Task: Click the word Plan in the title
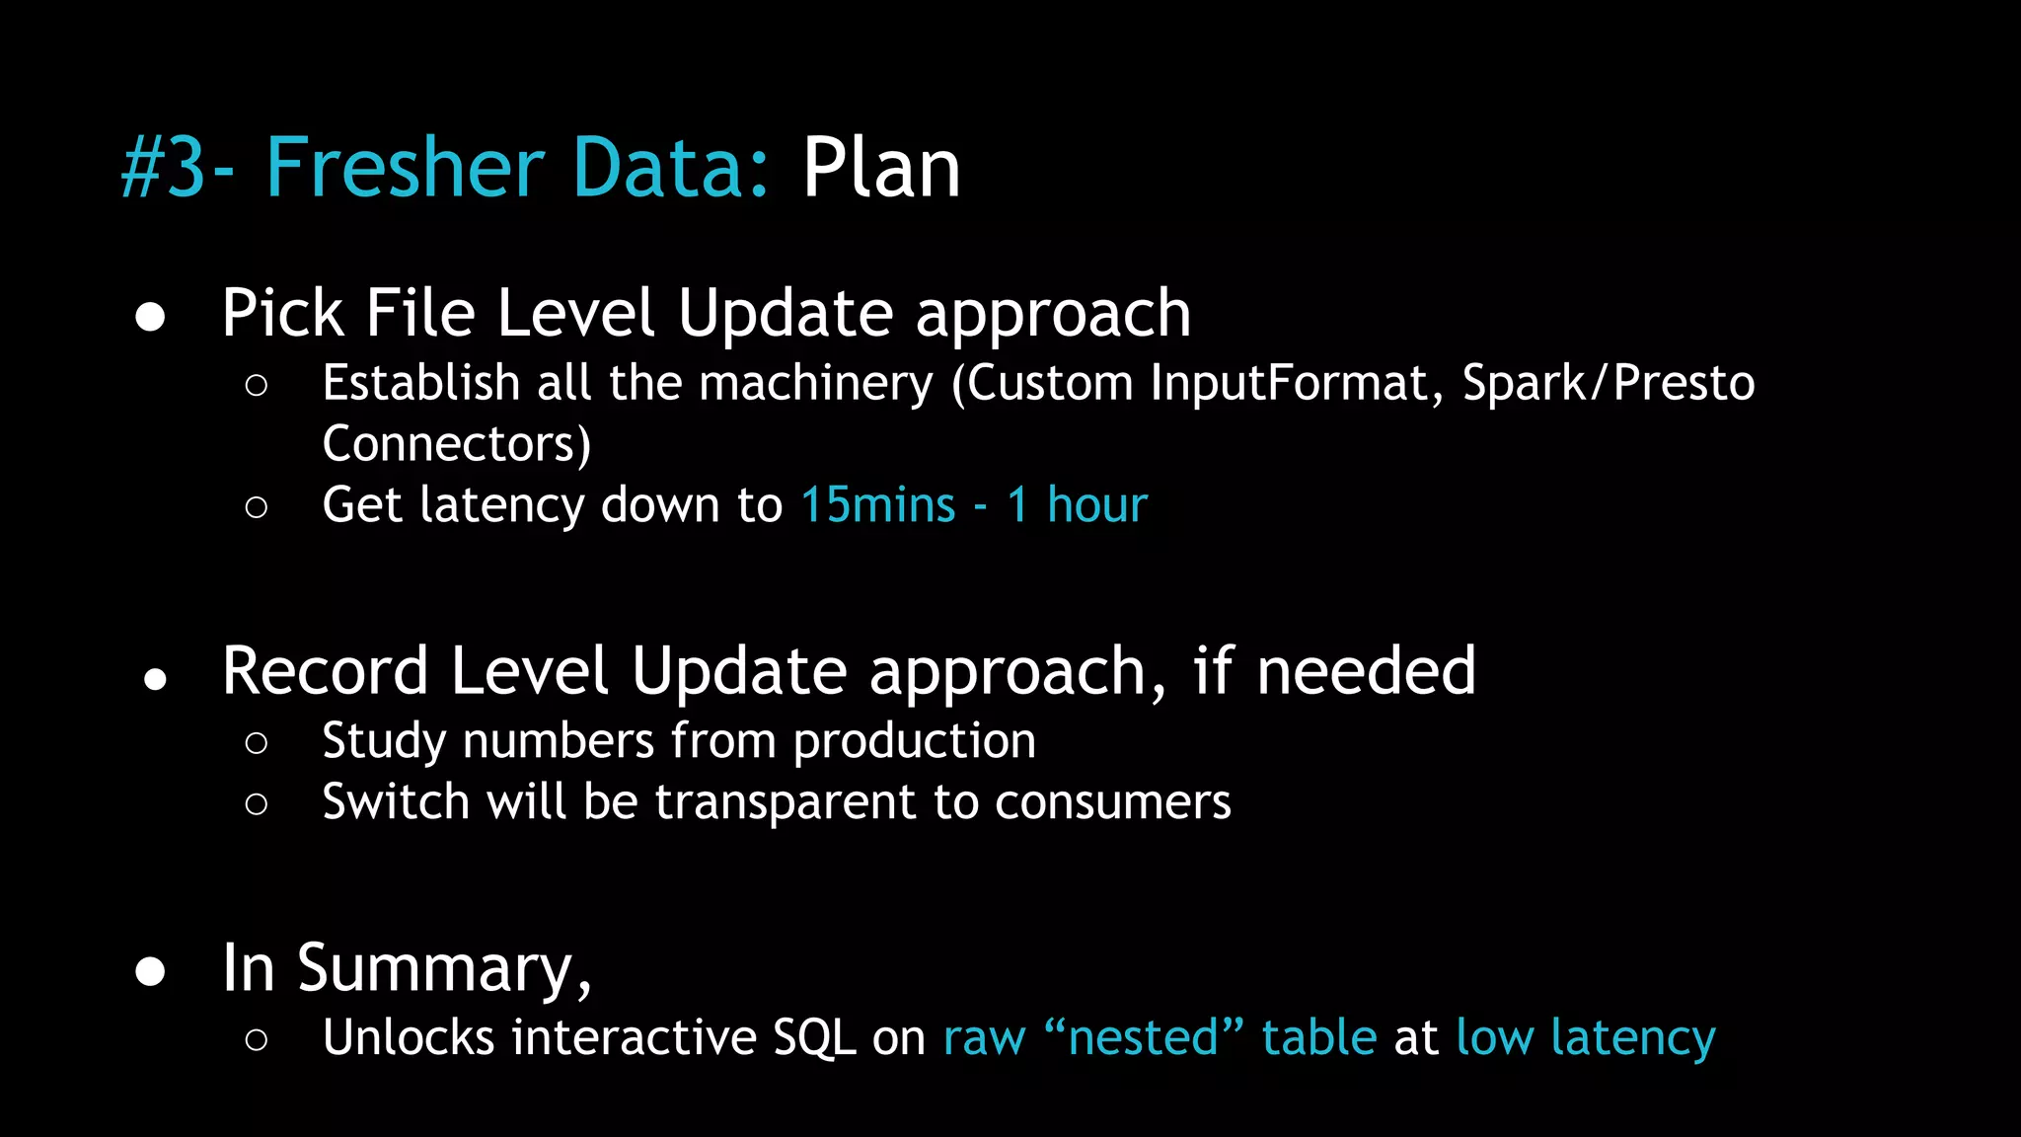pos(880,169)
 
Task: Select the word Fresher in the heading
pos(405,169)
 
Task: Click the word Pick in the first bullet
pos(282,314)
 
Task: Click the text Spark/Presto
pos(1609,383)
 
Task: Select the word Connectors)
pos(457,444)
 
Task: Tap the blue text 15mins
pos(877,505)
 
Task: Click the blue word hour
pos(1097,505)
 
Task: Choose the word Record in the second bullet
pos(325,671)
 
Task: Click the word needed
pos(1366,671)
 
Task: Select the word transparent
pos(786,801)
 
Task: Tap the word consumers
pos(1112,801)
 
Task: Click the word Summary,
pos(444,968)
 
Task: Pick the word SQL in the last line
pos(814,1038)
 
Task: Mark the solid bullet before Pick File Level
pos(150,317)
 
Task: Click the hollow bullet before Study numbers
pos(257,743)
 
